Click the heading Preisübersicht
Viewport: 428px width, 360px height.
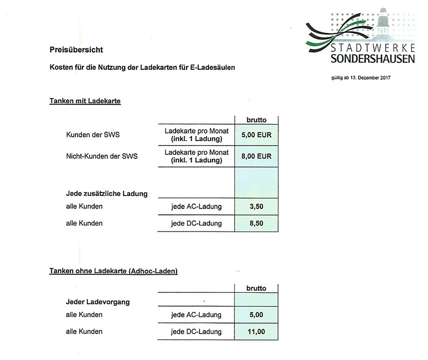tap(76, 49)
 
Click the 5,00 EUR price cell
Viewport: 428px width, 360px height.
tap(256, 135)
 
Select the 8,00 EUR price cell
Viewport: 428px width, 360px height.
tap(256, 156)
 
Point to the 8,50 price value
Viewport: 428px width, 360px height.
tap(256, 223)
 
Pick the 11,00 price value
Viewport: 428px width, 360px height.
tap(256, 332)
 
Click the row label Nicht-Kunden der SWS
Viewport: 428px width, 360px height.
tap(101, 156)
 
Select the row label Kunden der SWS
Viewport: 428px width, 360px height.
tap(93, 135)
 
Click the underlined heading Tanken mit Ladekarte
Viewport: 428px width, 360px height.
tap(85, 101)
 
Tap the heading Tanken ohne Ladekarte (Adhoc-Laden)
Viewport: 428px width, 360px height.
tap(113, 271)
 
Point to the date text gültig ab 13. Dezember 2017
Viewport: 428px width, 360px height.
tap(357, 78)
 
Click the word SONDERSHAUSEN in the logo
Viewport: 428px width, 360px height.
tap(365, 60)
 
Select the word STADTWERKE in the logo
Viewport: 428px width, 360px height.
tap(366, 49)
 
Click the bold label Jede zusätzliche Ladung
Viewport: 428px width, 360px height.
tap(106, 193)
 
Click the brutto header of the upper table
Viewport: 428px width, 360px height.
tap(256, 120)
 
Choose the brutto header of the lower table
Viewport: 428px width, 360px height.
tap(256, 288)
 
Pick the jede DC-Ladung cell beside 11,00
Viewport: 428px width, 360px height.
tap(196, 332)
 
